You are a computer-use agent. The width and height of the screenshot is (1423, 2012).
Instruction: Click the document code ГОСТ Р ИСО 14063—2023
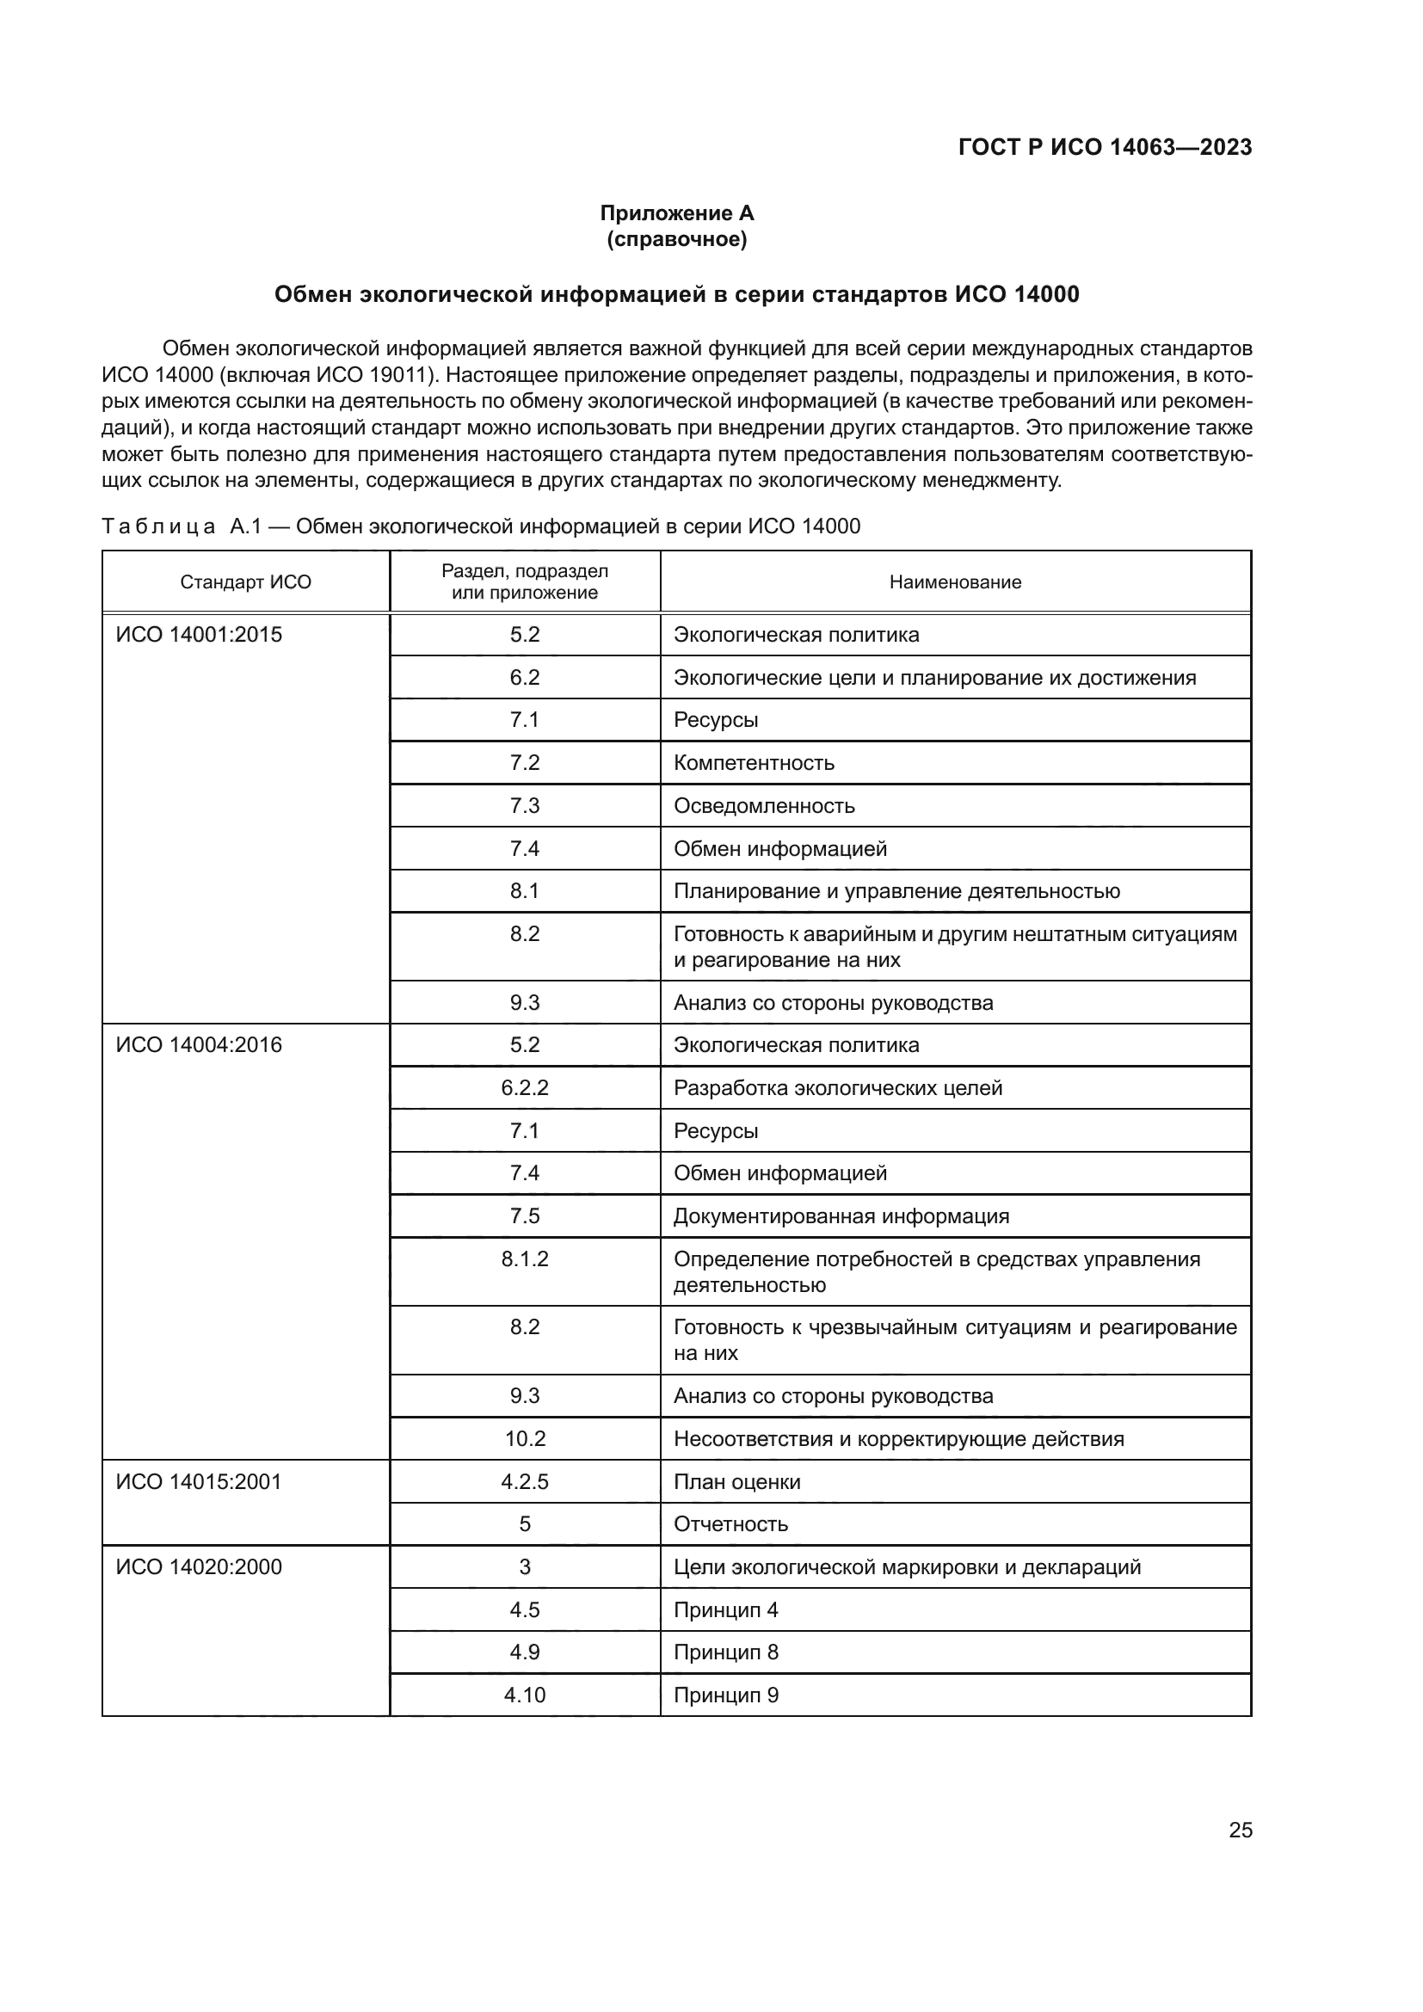(1105, 147)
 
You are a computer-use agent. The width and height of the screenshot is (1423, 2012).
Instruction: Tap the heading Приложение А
(676, 213)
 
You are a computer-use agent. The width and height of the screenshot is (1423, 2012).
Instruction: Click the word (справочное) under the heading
(676, 239)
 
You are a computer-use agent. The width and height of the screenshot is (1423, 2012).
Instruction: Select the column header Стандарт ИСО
(245, 581)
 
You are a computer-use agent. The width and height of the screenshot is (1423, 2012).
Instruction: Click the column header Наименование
(955, 581)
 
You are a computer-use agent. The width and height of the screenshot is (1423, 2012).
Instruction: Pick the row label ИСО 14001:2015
(199, 635)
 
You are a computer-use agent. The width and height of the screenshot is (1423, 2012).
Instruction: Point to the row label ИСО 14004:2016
(199, 1044)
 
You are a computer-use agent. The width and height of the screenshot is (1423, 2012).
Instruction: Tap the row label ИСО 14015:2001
(199, 1482)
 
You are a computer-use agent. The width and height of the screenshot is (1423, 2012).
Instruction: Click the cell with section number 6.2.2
(524, 1087)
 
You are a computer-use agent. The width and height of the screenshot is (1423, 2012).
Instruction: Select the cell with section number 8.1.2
(524, 1259)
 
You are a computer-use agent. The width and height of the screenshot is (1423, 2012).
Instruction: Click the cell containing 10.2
(524, 1439)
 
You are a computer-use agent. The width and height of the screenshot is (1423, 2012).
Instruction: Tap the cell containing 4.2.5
(524, 1482)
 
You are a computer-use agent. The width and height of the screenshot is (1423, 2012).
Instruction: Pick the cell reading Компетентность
(754, 762)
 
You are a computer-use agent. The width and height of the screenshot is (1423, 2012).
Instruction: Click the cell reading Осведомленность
(763, 805)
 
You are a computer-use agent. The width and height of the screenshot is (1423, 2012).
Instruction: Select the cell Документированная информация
(841, 1216)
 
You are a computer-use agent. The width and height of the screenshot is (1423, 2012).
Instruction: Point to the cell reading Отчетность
(730, 1524)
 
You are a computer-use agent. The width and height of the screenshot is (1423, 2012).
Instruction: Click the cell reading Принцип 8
(725, 1652)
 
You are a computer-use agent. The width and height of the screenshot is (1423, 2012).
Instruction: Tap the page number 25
(1240, 1830)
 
